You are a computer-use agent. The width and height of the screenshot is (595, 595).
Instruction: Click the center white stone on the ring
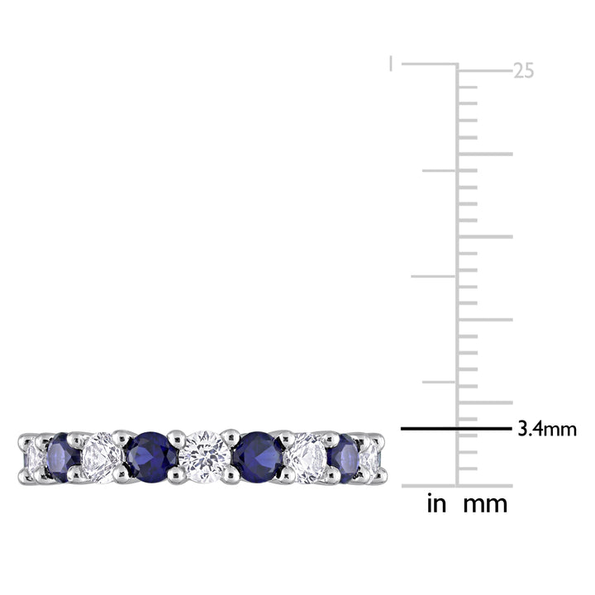(205, 457)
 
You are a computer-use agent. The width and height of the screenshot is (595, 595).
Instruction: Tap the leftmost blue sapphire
(64, 457)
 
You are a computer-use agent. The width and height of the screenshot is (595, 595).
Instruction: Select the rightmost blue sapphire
(345, 458)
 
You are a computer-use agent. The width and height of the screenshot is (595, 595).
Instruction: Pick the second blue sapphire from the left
(151, 457)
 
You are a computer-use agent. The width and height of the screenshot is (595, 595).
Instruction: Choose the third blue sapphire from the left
(258, 457)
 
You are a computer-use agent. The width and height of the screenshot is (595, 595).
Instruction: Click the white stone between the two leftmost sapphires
(102, 458)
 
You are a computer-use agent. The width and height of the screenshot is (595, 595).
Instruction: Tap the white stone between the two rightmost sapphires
(307, 459)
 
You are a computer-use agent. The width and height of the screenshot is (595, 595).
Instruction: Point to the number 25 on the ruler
(523, 71)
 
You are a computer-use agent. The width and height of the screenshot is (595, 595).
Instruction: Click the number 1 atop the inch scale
(390, 64)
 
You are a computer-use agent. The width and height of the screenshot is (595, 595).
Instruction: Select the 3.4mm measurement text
(547, 429)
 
